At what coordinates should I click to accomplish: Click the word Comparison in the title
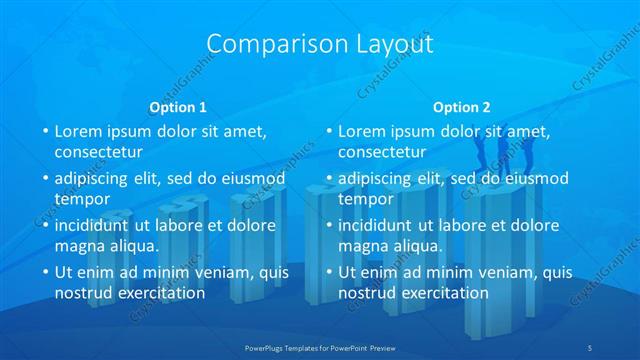tap(266, 45)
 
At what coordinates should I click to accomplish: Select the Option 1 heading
tap(178, 107)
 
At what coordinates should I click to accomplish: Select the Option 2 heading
tap(462, 107)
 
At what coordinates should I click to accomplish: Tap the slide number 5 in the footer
tap(591, 346)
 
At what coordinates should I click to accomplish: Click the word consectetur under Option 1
tap(98, 152)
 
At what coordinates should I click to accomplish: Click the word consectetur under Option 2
tap(382, 152)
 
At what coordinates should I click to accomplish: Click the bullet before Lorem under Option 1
tap(45, 131)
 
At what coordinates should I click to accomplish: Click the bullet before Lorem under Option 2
tap(329, 131)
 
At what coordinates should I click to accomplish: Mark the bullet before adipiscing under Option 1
tap(45, 178)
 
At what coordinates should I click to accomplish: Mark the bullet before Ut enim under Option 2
tap(329, 272)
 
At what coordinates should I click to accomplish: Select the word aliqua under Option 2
tap(413, 246)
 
